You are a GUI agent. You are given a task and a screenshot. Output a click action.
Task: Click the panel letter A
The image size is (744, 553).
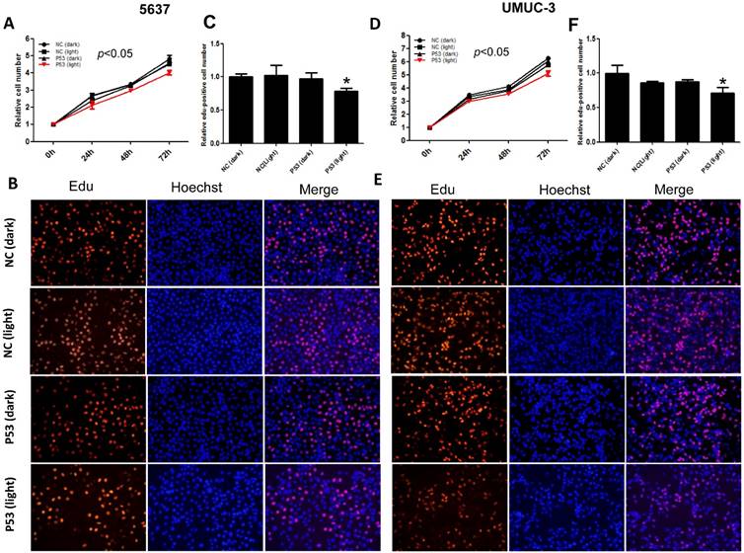[x=9, y=24]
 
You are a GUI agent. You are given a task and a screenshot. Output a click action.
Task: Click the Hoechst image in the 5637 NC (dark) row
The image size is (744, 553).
[x=204, y=225]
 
